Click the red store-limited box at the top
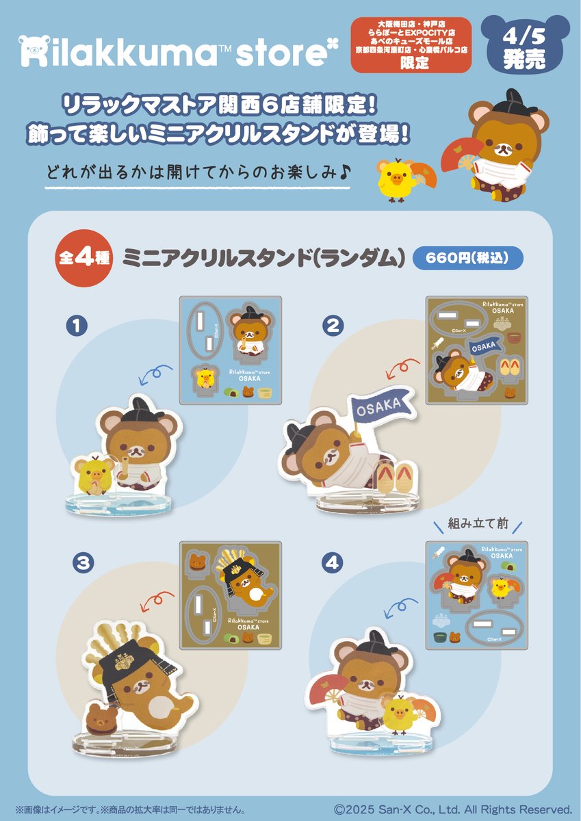click(x=411, y=45)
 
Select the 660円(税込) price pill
click(x=468, y=258)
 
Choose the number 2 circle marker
click(x=333, y=326)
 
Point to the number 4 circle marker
click(x=333, y=563)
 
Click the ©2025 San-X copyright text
click(x=452, y=809)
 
